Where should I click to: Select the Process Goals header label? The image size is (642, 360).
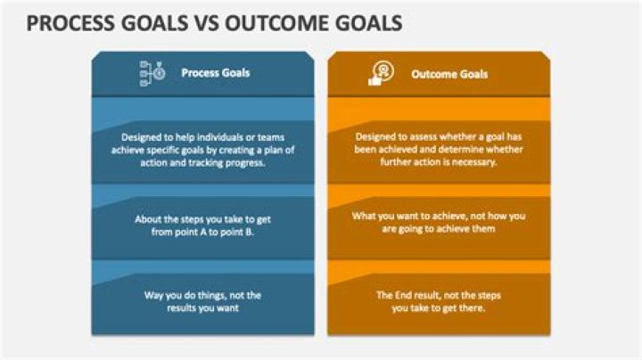pos(216,73)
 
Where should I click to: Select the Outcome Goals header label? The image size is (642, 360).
pos(449,74)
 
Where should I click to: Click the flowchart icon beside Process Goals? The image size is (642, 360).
pos(152,73)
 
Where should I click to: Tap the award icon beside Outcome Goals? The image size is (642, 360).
pos(382,74)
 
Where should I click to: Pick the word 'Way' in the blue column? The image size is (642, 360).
pos(153,294)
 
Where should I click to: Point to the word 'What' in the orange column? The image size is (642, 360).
pos(365,217)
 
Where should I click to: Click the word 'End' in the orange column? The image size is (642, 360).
pos(408,294)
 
